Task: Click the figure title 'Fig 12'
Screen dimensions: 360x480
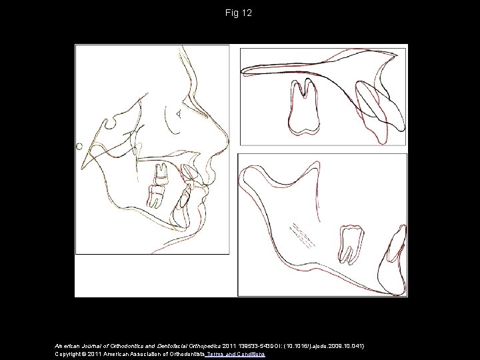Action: [239, 13]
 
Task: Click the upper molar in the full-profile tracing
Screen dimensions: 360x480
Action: [161, 174]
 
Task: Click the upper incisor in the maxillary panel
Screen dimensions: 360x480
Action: [381, 107]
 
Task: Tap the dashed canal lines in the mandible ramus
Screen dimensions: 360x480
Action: [303, 233]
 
